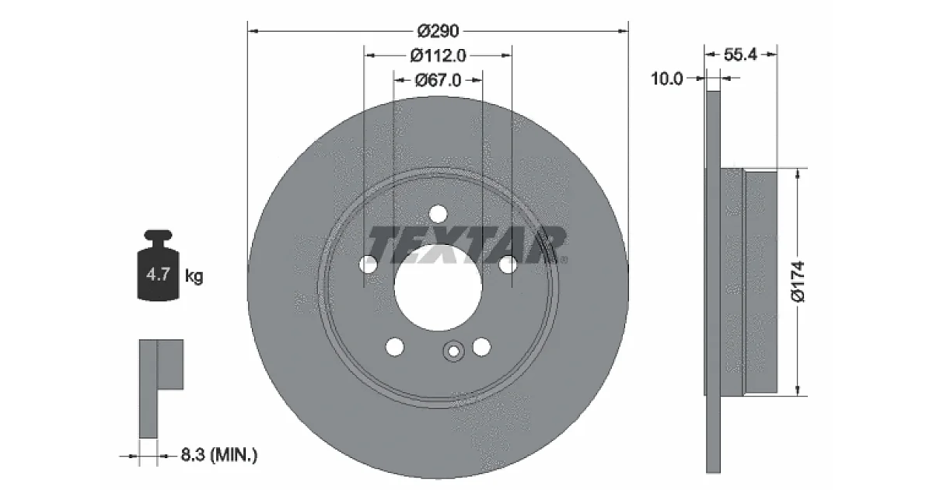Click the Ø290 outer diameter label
439,31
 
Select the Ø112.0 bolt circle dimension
439,55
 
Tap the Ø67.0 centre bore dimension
439,80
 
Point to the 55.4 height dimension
740,54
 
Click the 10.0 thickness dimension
667,79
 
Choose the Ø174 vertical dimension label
798,282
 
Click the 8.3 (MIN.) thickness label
219,454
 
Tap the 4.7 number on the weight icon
159,275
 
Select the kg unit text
194,276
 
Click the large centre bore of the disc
439,287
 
